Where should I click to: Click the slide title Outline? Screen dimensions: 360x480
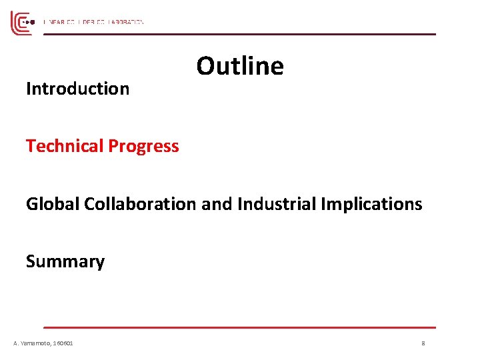(x=240, y=66)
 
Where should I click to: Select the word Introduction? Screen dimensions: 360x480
(x=77, y=89)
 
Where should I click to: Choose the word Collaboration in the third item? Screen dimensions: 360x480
(x=140, y=204)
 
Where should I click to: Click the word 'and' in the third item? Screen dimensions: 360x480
(x=215, y=204)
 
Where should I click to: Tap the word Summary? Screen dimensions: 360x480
(x=65, y=262)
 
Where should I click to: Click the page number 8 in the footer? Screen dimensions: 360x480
(x=423, y=343)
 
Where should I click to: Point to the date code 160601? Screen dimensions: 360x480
(x=63, y=343)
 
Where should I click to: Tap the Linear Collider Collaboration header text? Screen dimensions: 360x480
(x=93, y=22)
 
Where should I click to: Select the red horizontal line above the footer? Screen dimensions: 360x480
(x=240, y=327)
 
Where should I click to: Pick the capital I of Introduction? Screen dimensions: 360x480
(x=29, y=89)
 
